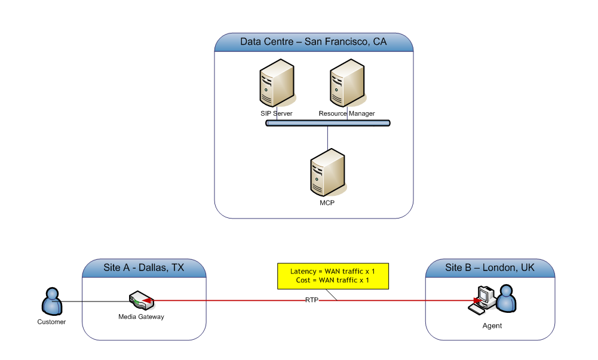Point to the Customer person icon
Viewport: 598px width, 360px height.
coord(52,301)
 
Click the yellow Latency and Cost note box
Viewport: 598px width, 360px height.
coord(333,275)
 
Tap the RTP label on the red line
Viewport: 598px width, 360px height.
coord(312,301)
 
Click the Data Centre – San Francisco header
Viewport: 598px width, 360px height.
coord(313,42)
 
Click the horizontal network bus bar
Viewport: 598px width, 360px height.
coord(327,123)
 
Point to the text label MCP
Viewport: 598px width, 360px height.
coord(327,203)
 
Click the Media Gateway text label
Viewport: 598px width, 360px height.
coord(141,317)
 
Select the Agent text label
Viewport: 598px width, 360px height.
coord(492,326)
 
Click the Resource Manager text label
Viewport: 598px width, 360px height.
coord(346,113)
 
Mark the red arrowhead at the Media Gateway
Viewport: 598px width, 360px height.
coord(147,301)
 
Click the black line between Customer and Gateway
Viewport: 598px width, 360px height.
coord(96,301)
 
